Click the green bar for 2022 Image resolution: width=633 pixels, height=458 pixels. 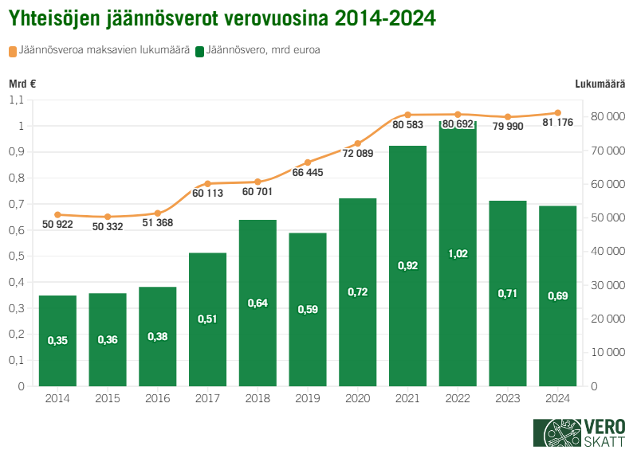pyautogui.click(x=458, y=255)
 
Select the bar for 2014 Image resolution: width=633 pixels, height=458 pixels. pyautogui.click(x=57, y=341)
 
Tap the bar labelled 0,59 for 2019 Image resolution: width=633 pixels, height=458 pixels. pyautogui.click(x=308, y=309)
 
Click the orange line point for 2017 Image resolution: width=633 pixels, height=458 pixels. pyautogui.click(x=207, y=184)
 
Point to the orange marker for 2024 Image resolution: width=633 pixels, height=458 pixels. pyautogui.click(x=557, y=113)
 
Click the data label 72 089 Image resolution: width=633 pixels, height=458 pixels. pyautogui.click(x=358, y=154)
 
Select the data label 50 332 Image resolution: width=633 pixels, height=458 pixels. pyautogui.click(x=108, y=227)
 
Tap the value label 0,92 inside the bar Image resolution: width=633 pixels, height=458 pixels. pyautogui.click(x=407, y=265)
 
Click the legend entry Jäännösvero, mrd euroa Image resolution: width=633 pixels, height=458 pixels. pyautogui.click(x=263, y=51)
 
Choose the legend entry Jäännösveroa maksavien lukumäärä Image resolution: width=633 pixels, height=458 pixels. pyautogui.click(x=104, y=51)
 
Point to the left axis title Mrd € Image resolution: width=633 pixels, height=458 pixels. pyautogui.click(x=23, y=84)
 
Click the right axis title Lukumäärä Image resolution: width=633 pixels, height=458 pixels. pyautogui.click(x=599, y=84)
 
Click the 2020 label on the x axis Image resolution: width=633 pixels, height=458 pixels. pyautogui.click(x=358, y=397)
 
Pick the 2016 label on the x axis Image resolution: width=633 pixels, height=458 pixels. pyautogui.click(x=158, y=397)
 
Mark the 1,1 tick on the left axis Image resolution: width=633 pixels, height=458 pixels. pyautogui.click(x=17, y=100)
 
